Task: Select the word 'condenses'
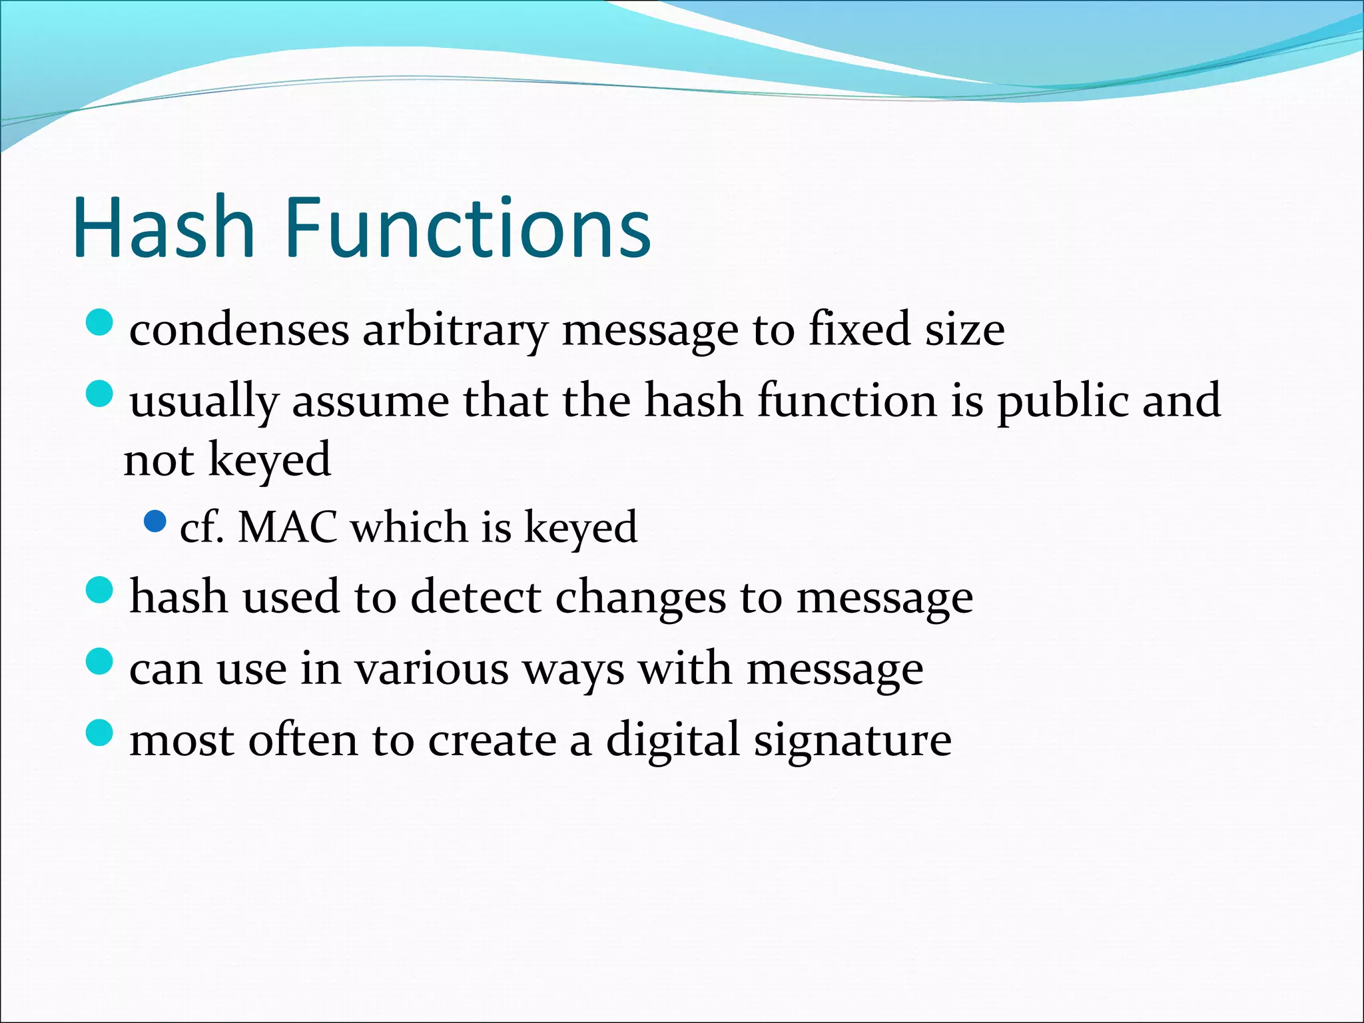pos(239,330)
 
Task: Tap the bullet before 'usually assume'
pos(100,394)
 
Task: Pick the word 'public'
pos(1062,402)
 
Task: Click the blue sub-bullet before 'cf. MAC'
pos(155,521)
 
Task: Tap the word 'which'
pos(408,527)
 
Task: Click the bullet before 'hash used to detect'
pos(100,590)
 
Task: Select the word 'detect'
pos(476,596)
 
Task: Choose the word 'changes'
pos(640,597)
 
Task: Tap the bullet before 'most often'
pos(100,733)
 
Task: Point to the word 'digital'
pos(673,740)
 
